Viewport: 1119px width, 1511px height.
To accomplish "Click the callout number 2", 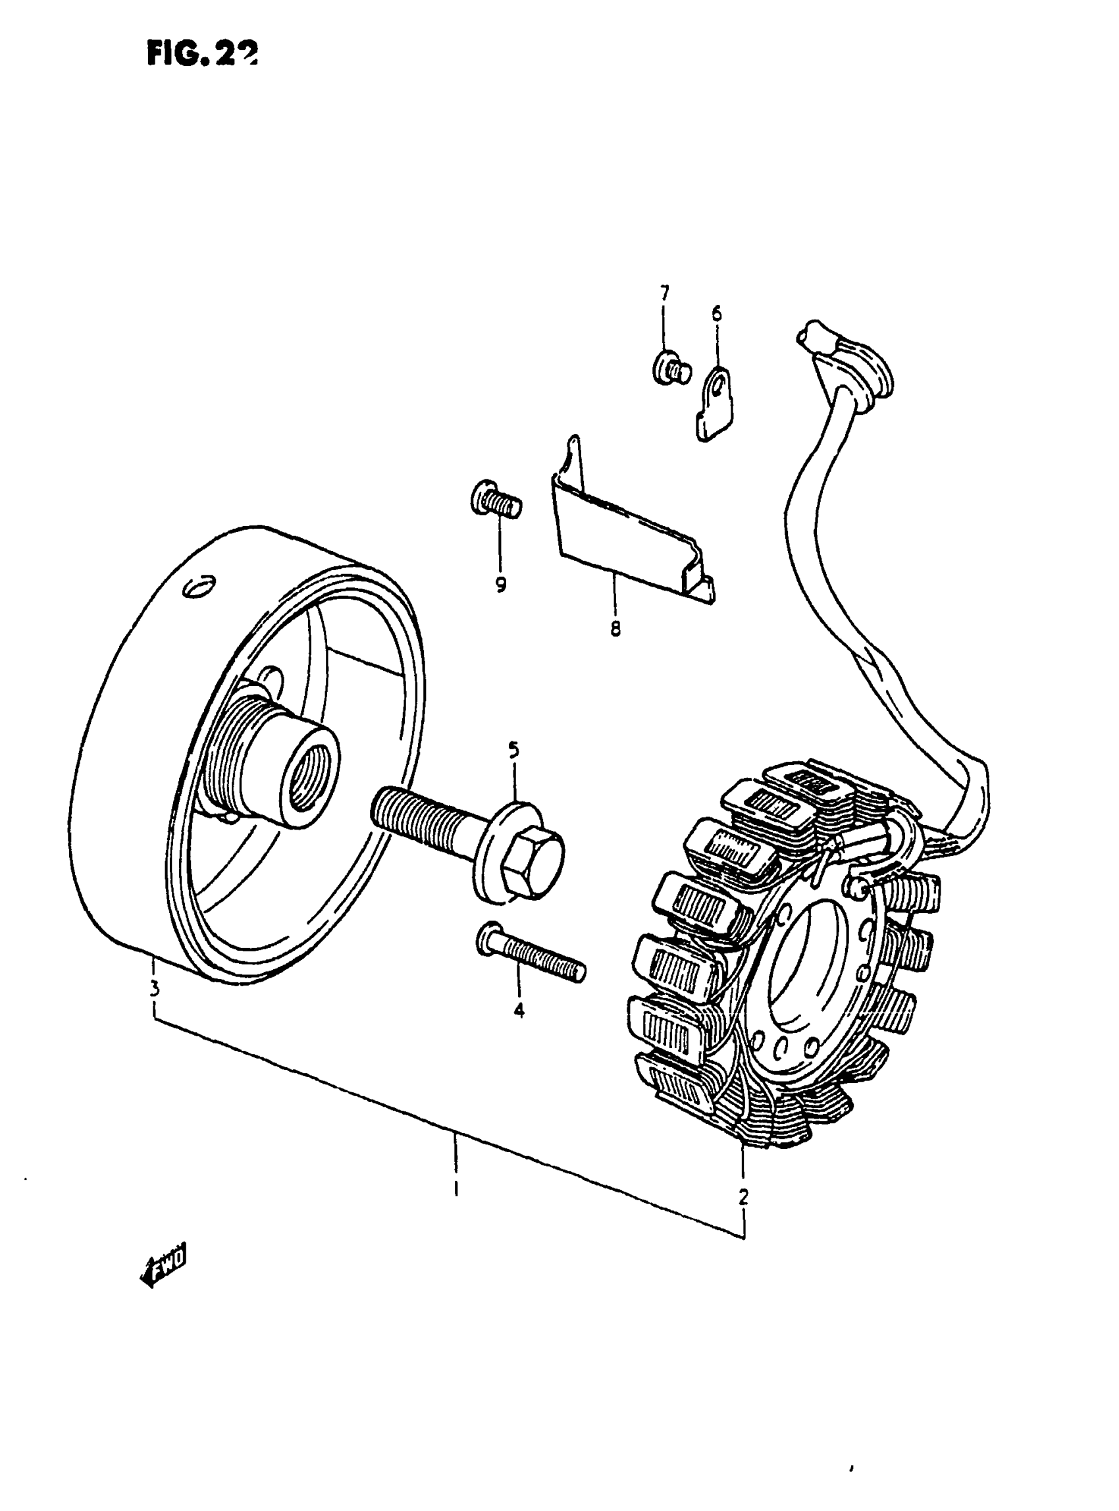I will tap(743, 1196).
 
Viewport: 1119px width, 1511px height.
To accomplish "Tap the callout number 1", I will tap(456, 1188).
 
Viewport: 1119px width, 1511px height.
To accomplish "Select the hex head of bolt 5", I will tap(532, 864).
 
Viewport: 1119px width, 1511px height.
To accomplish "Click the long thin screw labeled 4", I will tap(532, 955).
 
